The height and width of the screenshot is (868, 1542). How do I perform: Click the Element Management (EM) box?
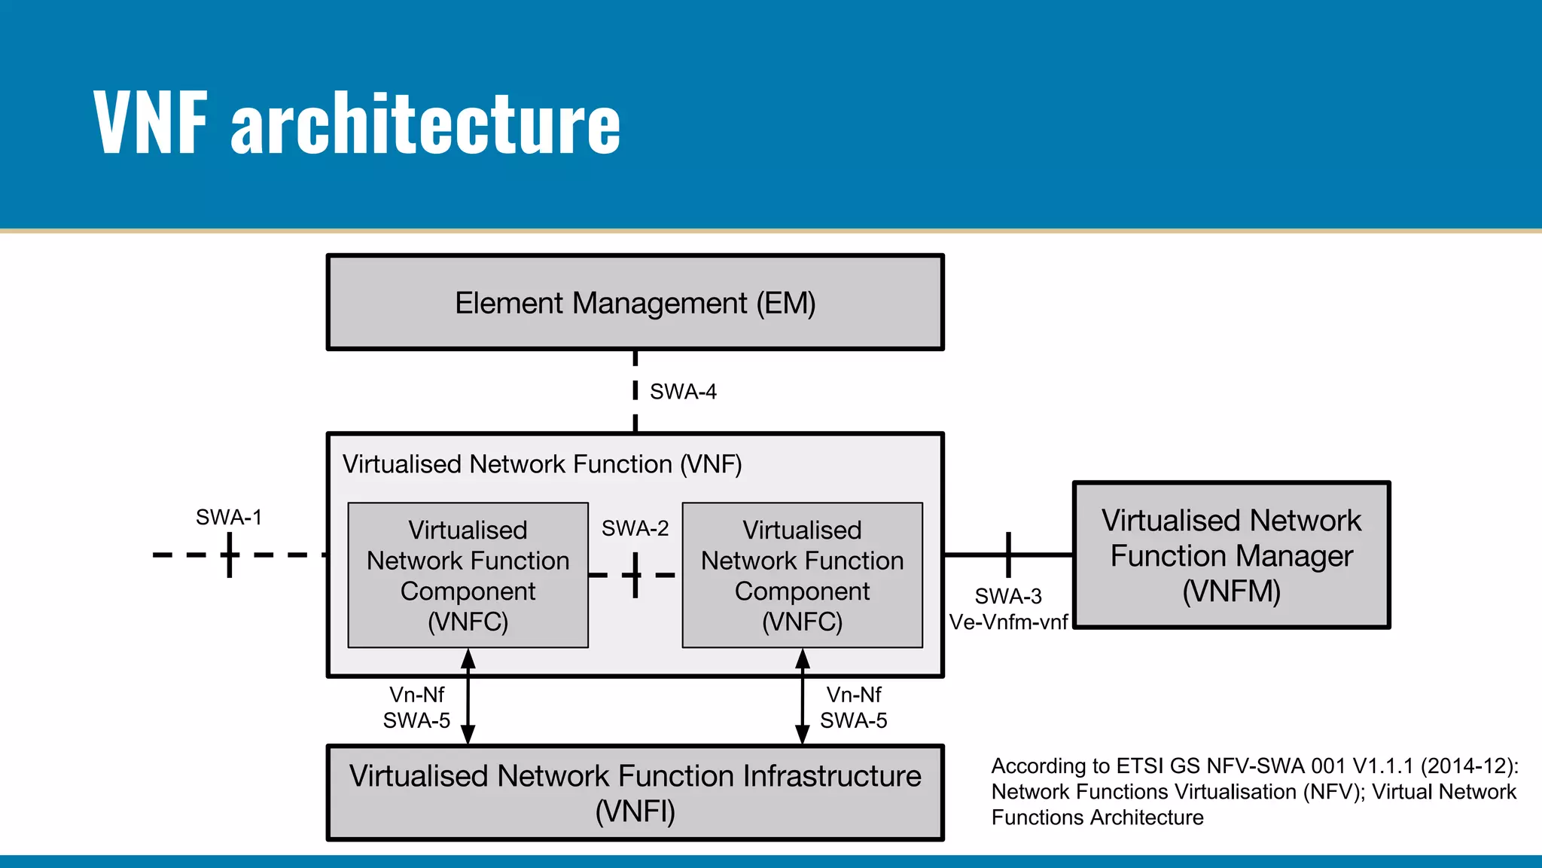click(635, 303)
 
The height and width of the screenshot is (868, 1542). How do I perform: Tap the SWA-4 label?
click(683, 392)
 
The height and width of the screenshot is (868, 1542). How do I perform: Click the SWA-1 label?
click(229, 518)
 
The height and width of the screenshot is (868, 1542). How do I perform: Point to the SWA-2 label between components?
click(635, 528)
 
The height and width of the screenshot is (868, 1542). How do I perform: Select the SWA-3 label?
click(1008, 596)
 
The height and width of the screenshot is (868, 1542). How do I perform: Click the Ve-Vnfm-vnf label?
click(1008, 622)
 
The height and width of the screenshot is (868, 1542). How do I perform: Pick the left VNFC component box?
click(468, 575)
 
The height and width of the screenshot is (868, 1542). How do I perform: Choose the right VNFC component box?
click(802, 575)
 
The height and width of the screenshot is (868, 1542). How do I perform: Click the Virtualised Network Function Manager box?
click(1231, 555)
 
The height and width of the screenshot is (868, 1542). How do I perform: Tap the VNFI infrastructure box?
click(635, 793)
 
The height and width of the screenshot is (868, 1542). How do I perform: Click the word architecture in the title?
click(425, 123)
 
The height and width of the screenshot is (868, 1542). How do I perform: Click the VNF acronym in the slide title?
click(150, 123)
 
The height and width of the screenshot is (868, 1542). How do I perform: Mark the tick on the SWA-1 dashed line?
click(230, 555)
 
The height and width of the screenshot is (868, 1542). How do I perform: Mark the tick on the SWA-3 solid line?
click(1008, 555)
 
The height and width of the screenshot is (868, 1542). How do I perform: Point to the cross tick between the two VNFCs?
click(635, 575)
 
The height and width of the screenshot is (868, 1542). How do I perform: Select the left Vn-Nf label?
click(416, 695)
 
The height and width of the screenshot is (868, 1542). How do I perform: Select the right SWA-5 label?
click(853, 721)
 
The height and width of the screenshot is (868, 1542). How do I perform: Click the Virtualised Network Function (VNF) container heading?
click(542, 464)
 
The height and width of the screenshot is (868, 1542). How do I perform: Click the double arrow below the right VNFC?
click(803, 697)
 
